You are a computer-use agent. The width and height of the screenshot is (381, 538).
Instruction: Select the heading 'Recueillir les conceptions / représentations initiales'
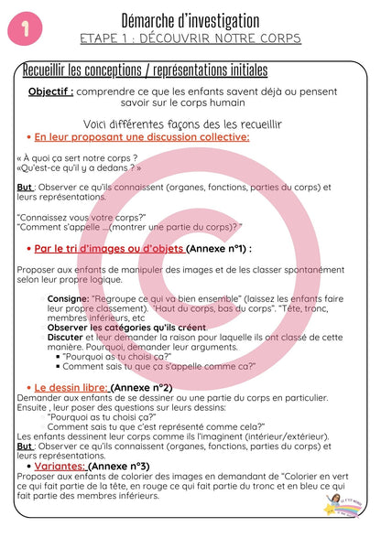coord(144,70)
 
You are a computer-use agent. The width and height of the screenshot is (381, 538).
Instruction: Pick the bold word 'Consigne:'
coord(68,298)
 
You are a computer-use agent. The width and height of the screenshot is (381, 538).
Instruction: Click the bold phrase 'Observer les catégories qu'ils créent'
coord(126,327)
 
